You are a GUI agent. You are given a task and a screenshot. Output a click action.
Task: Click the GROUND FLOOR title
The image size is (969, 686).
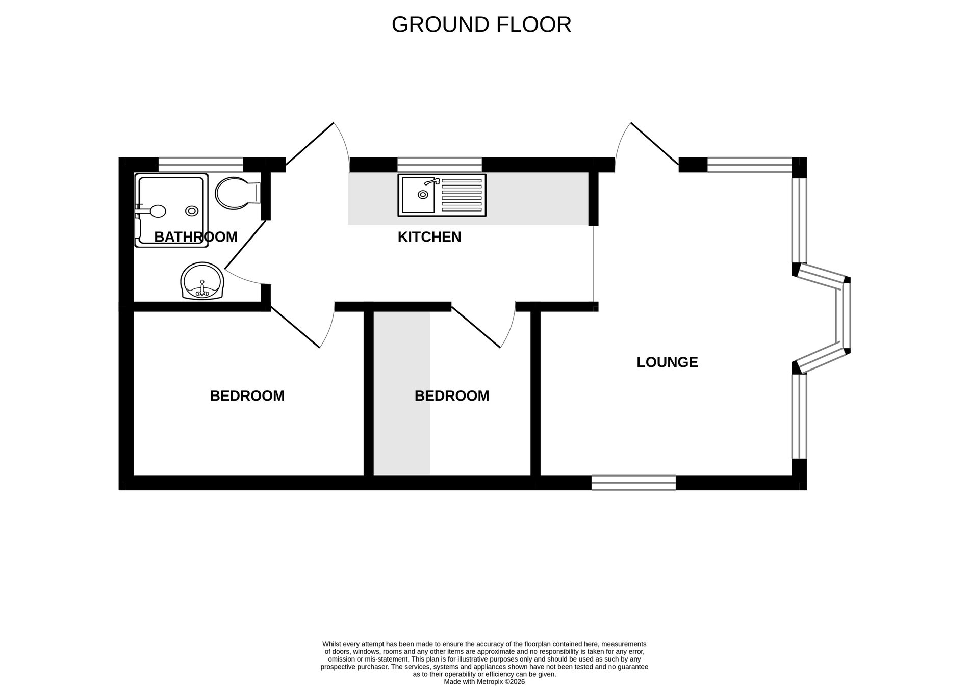481,24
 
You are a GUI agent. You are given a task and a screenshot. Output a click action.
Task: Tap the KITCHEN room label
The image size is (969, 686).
429,237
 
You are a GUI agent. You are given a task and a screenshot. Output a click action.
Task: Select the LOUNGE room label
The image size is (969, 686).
667,362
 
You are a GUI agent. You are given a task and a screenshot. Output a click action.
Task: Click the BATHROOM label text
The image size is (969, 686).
195,237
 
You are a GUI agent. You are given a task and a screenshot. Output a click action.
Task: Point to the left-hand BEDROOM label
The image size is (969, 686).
247,396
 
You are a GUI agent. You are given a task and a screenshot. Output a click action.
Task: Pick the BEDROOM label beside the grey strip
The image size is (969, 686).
451,396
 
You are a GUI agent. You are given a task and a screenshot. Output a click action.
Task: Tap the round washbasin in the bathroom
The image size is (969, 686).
202,281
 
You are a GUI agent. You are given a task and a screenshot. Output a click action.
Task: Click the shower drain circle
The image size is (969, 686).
192,210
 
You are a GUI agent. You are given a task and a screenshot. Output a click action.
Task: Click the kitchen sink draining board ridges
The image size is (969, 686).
461,194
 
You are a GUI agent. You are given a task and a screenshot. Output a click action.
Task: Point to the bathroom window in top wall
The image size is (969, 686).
200,165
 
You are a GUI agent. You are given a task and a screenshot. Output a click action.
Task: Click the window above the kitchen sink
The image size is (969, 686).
439,165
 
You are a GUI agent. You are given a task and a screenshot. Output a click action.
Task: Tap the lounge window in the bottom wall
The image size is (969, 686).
633,483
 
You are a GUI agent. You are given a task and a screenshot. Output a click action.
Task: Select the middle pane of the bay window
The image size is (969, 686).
846,315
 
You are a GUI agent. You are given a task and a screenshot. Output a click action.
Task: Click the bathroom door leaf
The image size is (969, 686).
245,244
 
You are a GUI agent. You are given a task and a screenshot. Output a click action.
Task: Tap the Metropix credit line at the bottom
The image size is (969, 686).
484,681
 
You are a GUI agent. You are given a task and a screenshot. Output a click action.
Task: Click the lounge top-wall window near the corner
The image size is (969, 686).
749,165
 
